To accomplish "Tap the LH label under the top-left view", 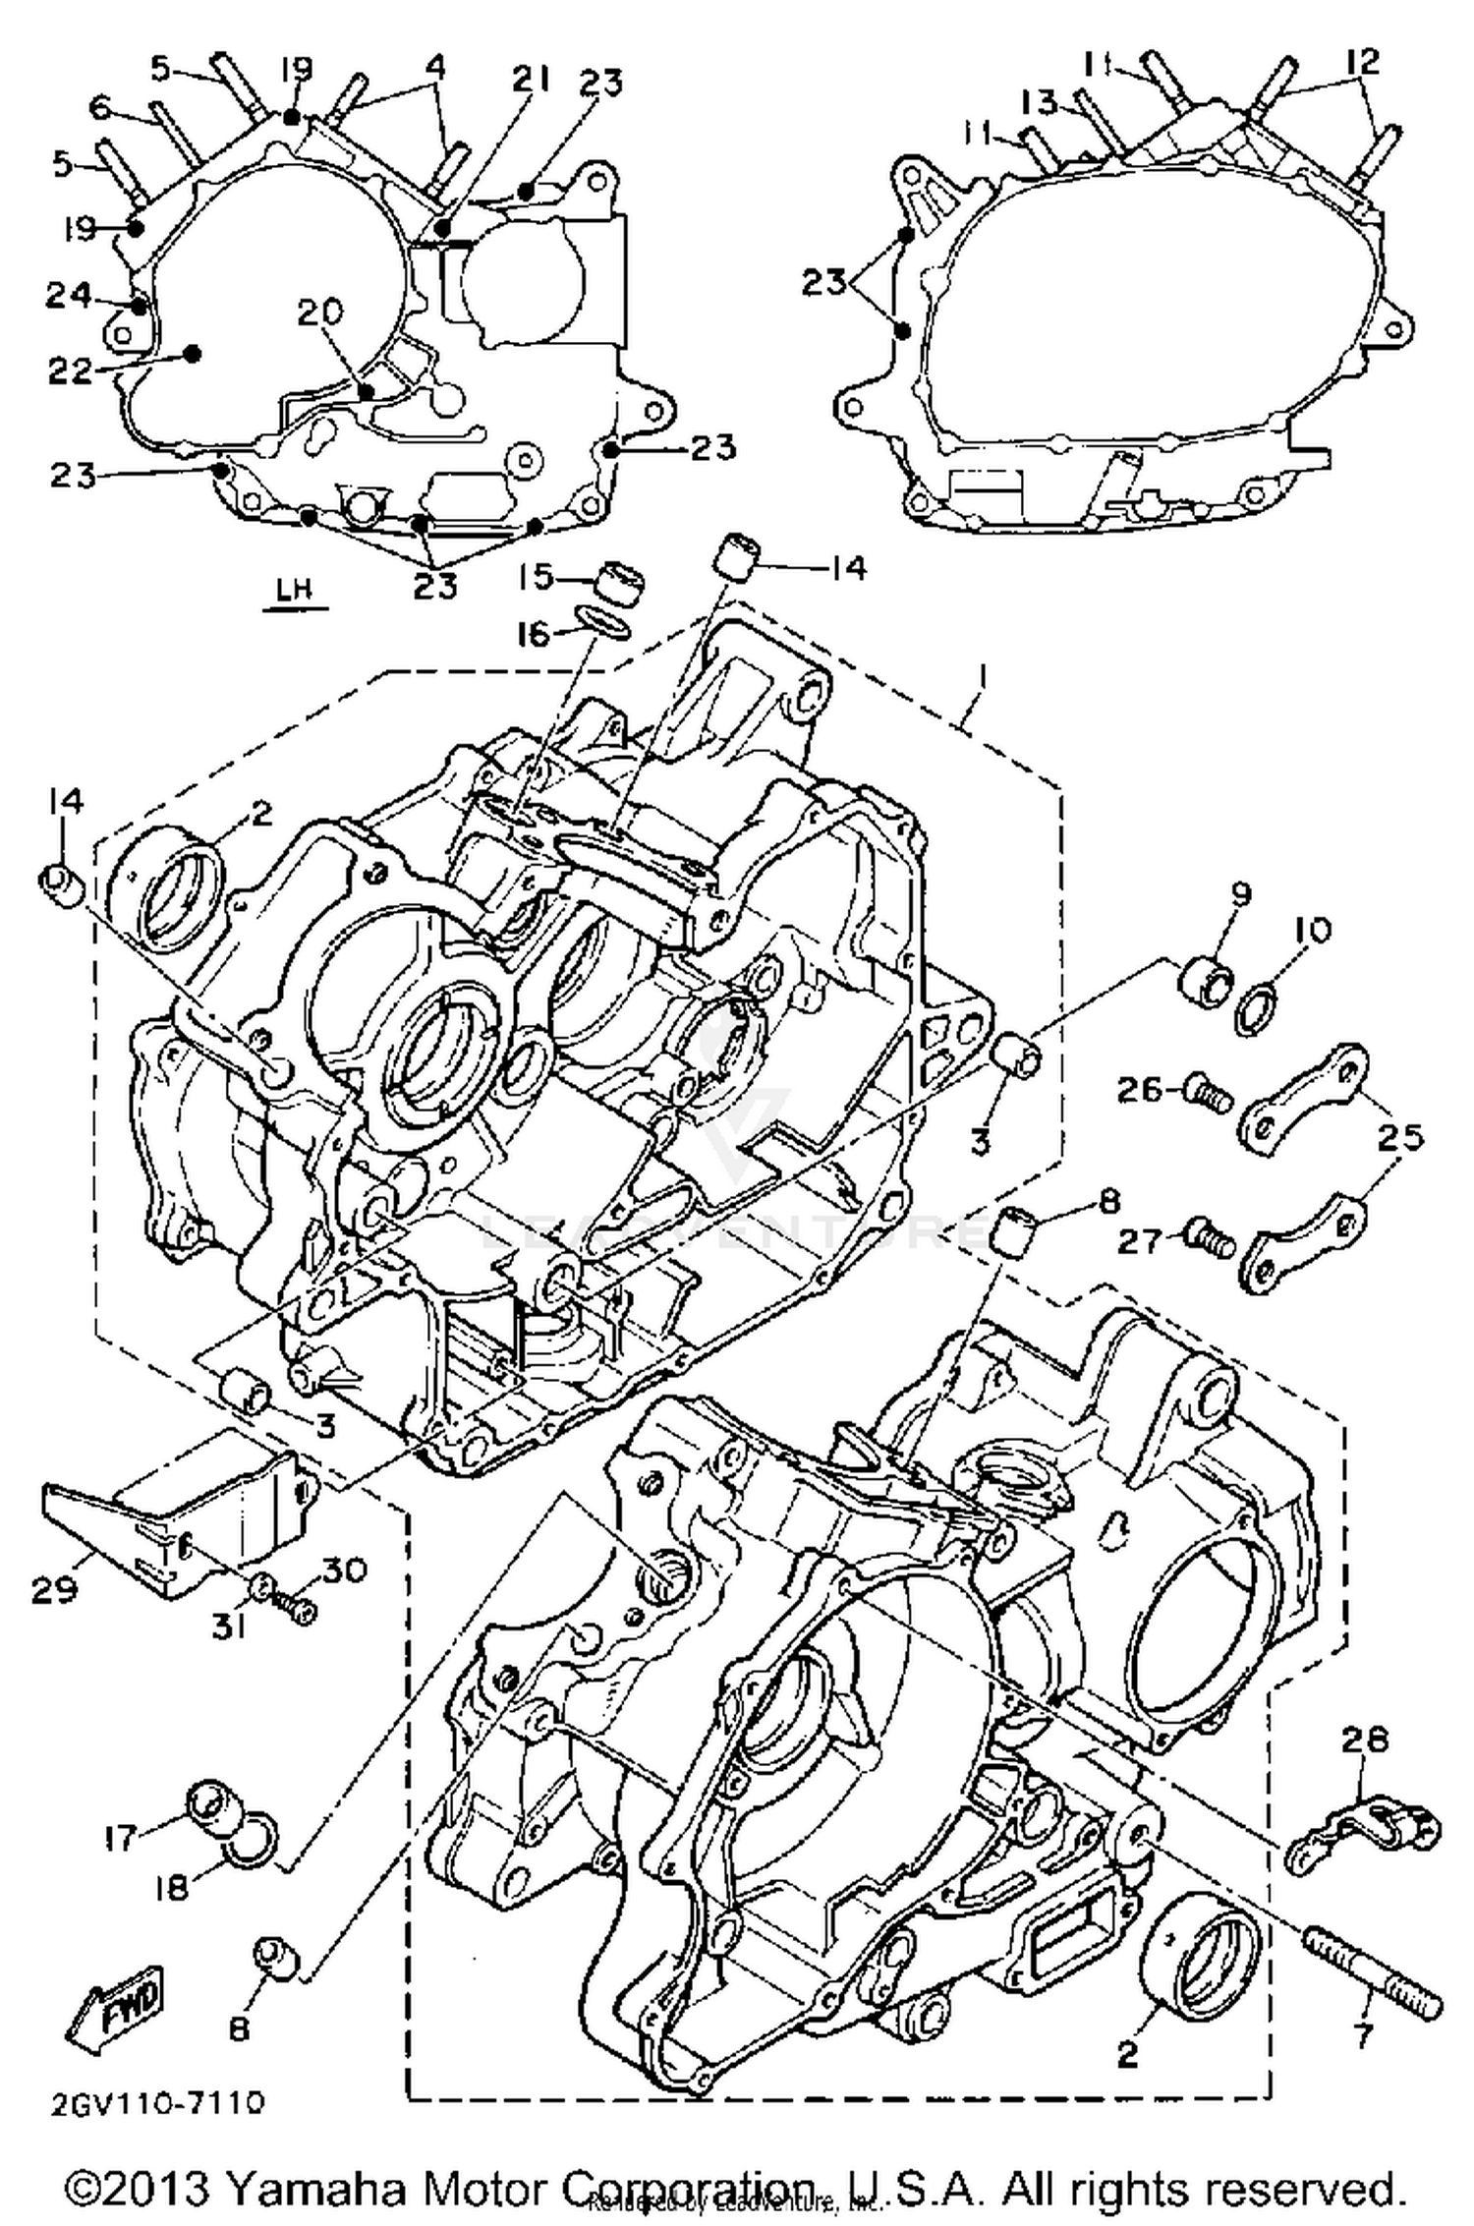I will point(294,590).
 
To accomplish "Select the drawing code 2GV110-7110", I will point(157,2103).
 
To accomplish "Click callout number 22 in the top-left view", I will point(71,371).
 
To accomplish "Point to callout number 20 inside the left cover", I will point(320,312).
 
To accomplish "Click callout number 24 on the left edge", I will point(68,295).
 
